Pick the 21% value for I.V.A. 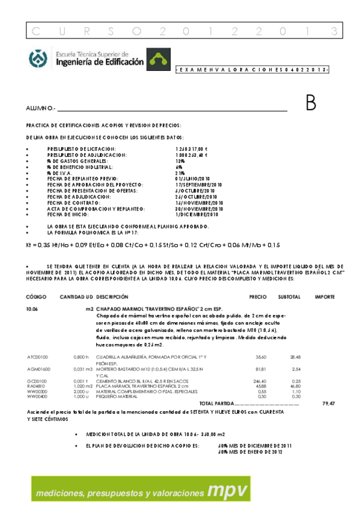tap(180, 173)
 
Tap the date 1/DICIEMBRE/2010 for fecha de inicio tap(197, 214)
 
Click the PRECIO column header tap(258, 297)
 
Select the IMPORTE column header tap(325, 297)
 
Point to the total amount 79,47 tap(328, 403)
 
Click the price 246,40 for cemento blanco tap(260, 381)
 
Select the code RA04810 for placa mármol tap(35, 386)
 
